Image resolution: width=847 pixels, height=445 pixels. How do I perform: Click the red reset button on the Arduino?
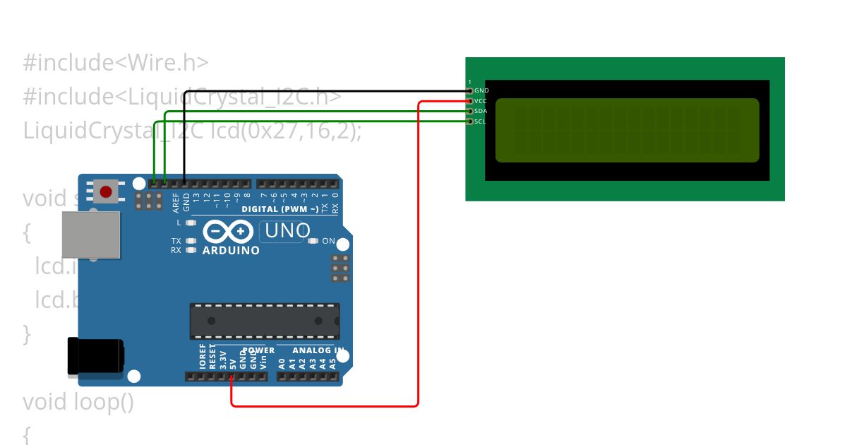tap(106, 191)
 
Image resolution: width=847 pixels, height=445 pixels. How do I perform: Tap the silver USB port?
tap(90, 235)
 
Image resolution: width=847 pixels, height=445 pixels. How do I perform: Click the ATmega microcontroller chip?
tap(264, 321)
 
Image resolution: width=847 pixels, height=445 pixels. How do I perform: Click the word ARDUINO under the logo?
tap(231, 250)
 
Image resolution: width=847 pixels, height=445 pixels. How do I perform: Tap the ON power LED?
tap(313, 242)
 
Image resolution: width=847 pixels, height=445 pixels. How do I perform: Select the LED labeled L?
tap(191, 222)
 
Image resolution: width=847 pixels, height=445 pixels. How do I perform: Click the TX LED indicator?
tap(191, 241)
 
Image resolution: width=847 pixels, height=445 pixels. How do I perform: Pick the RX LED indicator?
tap(191, 250)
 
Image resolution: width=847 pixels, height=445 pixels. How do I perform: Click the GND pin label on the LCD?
tap(481, 90)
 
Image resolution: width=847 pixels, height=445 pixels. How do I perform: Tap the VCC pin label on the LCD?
tap(481, 101)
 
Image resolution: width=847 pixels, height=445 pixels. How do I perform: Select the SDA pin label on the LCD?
tap(481, 111)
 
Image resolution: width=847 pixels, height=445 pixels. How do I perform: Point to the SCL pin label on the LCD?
tap(480, 121)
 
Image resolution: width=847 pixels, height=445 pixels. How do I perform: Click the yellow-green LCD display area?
tap(627, 130)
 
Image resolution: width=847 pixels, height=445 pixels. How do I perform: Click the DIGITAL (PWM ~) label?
tap(279, 209)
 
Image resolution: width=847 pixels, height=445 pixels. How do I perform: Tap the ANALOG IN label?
tap(318, 350)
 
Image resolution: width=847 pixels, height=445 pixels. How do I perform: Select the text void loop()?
tap(78, 402)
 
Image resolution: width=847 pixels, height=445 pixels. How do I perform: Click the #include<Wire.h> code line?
tap(116, 63)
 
